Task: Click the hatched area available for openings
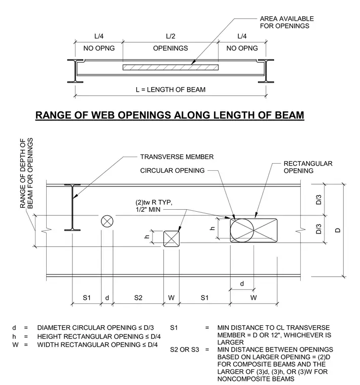pyautogui.click(x=170, y=67)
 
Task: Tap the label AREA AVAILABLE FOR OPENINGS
pyautogui.click(x=287, y=22)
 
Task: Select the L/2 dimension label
pyautogui.click(x=170, y=36)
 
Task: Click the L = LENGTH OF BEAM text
pyautogui.click(x=170, y=90)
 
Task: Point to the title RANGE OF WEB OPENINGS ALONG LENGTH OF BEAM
pyautogui.click(x=170, y=115)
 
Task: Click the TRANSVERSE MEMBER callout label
pyautogui.click(x=176, y=157)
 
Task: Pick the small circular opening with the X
pyautogui.click(x=107, y=221)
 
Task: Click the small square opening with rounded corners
pyautogui.click(x=171, y=239)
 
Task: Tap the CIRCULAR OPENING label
pyautogui.click(x=172, y=170)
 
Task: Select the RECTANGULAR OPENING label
pyautogui.click(x=308, y=167)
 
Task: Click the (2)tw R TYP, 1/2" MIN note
pyautogui.click(x=154, y=206)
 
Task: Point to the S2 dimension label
pyautogui.click(x=138, y=298)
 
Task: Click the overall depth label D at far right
pyautogui.click(x=338, y=230)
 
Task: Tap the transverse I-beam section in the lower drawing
pyautogui.click(x=72, y=208)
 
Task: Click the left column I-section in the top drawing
pyautogui.click(x=76, y=71)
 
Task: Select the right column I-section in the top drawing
pyautogui.click(x=266, y=71)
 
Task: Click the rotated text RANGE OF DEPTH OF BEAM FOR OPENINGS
pyautogui.click(x=26, y=173)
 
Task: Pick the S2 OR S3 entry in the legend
pyautogui.click(x=184, y=350)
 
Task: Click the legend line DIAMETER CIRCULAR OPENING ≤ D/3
pyautogui.click(x=95, y=328)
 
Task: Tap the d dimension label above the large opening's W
pyautogui.click(x=242, y=284)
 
